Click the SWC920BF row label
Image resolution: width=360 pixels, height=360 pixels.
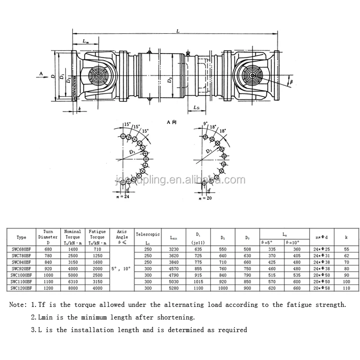click(x=22, y=268)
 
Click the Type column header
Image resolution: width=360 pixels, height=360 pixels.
click(x=21, y=237)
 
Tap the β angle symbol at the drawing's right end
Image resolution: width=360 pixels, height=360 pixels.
click(x=291, y=82)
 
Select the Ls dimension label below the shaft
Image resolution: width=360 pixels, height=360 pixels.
click(x=197, y=108)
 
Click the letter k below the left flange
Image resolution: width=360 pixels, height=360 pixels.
click(x=79, y=108)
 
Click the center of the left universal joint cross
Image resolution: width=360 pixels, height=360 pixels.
click(x=98, y=75)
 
